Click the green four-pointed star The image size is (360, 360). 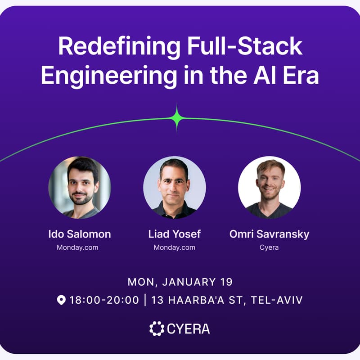point(177,118)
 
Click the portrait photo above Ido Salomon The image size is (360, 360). point(80,187)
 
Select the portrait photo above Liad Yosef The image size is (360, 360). point(175,187)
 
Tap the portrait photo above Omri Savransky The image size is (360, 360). point(269,187)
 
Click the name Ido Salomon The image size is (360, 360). point(80,234)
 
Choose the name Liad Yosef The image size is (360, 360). point(175,234)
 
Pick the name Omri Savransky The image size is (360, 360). point(269,234)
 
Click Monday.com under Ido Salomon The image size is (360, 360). point(77,247)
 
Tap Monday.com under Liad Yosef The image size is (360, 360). point(175,247)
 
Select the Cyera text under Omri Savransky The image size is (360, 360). point(269,247)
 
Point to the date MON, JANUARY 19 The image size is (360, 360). point(180,282)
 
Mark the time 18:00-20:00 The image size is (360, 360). point(104,300)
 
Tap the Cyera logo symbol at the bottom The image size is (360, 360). point(157,328)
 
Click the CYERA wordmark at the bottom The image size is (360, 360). point(188,329)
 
